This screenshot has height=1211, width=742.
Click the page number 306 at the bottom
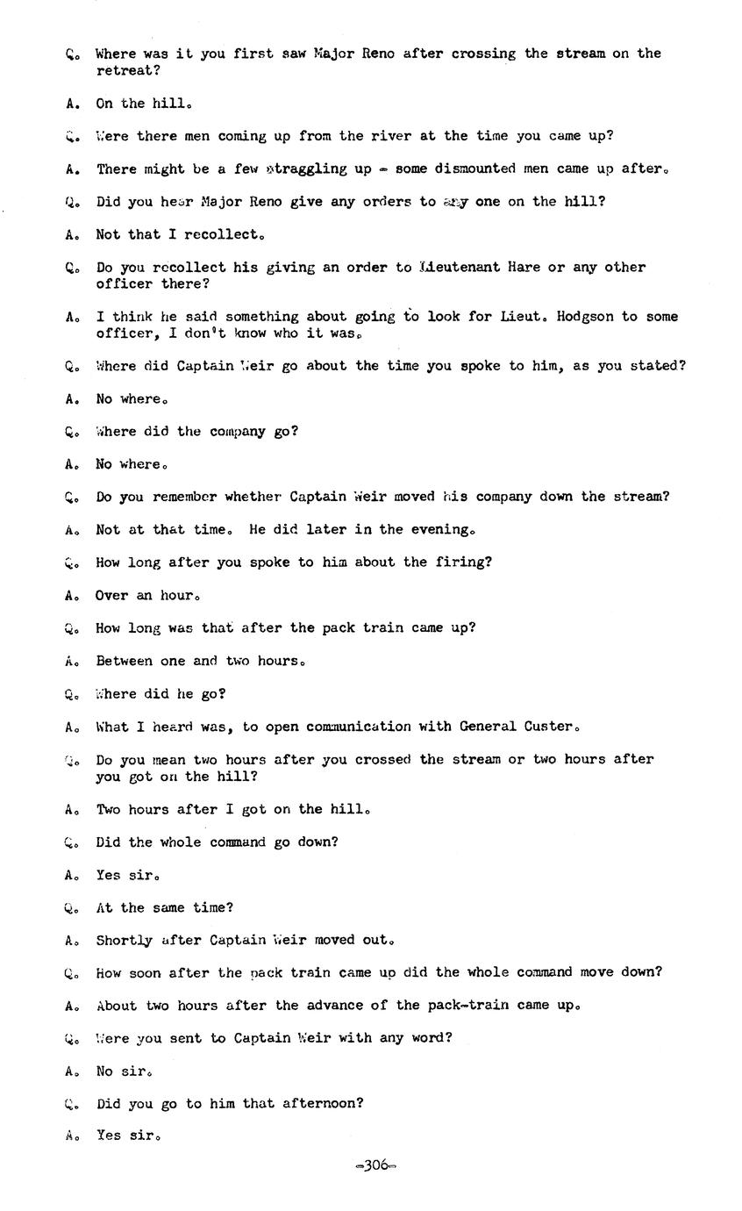(375, 1165)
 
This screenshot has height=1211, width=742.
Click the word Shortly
(124, 940)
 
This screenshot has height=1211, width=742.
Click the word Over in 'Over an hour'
(111, 595)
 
